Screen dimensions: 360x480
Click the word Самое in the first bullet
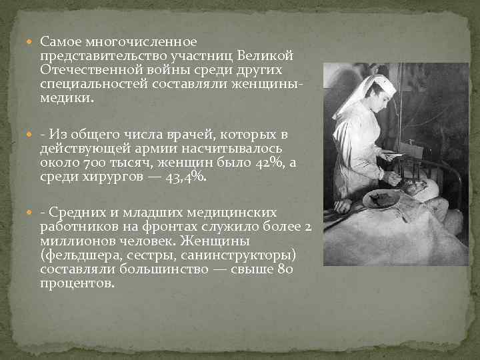(x=59, y=42)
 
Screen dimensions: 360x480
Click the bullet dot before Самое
(x=33, y=43)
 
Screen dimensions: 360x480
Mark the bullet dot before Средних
(x=33, y=213)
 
